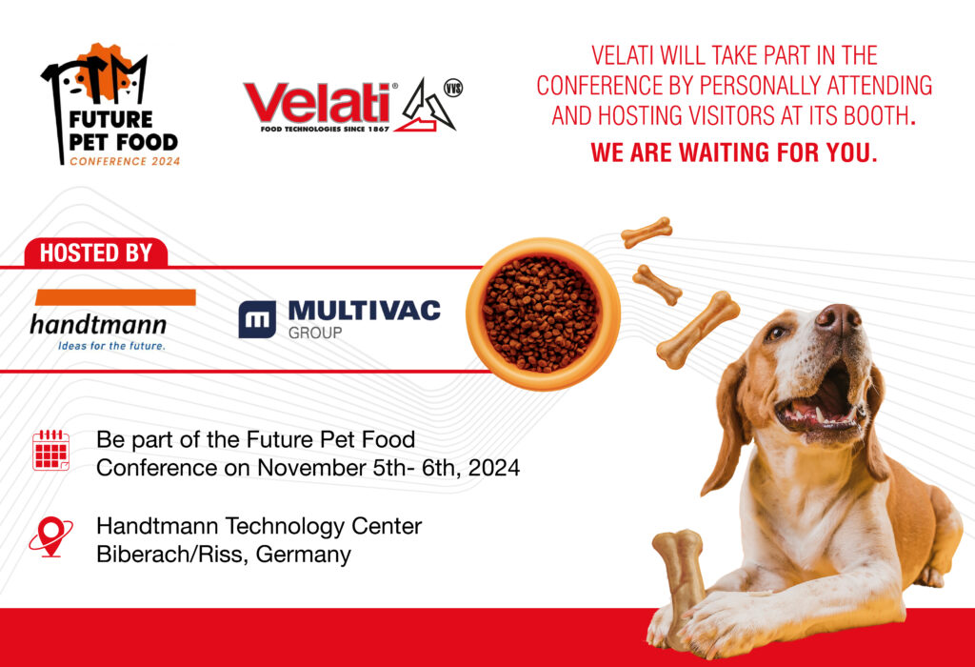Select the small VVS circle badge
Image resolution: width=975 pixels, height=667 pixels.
(453, 89)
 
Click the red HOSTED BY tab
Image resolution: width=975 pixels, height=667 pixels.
(96, 253)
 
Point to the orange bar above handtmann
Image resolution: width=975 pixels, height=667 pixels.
(115, 297)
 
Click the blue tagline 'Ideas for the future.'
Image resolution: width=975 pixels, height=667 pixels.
(112, 346)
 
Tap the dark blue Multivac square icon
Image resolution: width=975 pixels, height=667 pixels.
(257, 319)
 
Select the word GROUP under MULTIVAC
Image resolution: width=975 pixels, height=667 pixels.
(315, 333)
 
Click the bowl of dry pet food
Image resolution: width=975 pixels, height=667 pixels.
(542, 313)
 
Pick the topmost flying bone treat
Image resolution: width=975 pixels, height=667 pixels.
(647, 232)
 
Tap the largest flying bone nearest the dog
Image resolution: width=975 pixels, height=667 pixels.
(698, 330)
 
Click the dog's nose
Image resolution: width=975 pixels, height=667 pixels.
(838, 318)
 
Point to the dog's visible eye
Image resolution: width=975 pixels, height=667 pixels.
(777, 333)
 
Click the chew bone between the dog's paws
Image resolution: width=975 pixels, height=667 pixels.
(680, 578)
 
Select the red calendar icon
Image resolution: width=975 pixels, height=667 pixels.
(51, 450)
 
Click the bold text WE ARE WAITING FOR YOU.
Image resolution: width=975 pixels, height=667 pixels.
(734, 152)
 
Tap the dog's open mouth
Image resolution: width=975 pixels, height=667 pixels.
(816, 404)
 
